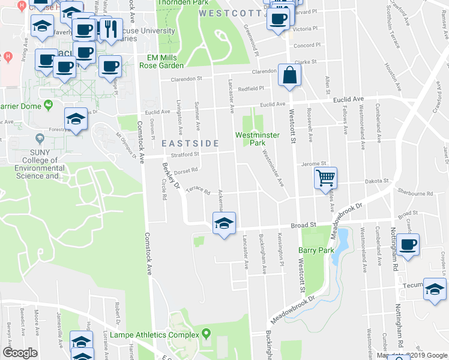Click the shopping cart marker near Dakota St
(325, 177)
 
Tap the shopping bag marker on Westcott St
(289, 76)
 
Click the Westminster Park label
(258, 139)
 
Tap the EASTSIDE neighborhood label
(189, 143)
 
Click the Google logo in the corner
(20, 353)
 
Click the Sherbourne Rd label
(415, 193)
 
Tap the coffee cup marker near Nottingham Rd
(408, 245)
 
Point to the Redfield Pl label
(251, 88)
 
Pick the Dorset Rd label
(186, 170)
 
